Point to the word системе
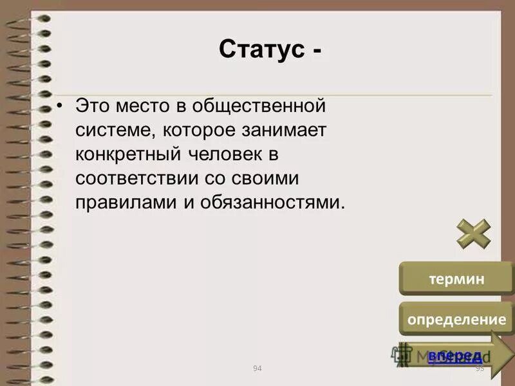click(115, 130)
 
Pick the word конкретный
click(131, 154)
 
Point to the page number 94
click(257, 368)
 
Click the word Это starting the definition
click(94, 105)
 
